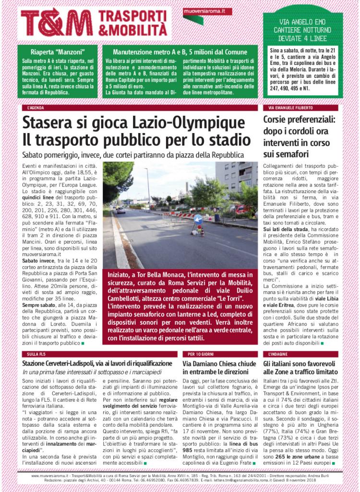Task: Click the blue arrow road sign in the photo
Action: pos(197,219)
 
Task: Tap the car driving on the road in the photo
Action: pos(120,210)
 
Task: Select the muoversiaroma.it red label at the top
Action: pos(207,11)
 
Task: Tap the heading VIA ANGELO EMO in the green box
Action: pos(303,22)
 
